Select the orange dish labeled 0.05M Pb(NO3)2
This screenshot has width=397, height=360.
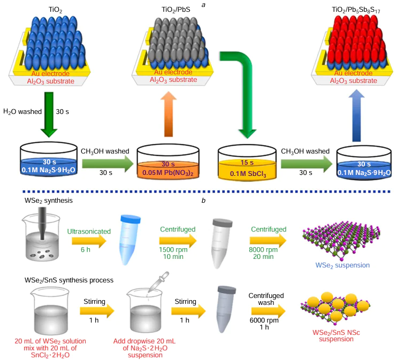167,160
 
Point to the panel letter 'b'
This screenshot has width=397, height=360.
203,200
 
